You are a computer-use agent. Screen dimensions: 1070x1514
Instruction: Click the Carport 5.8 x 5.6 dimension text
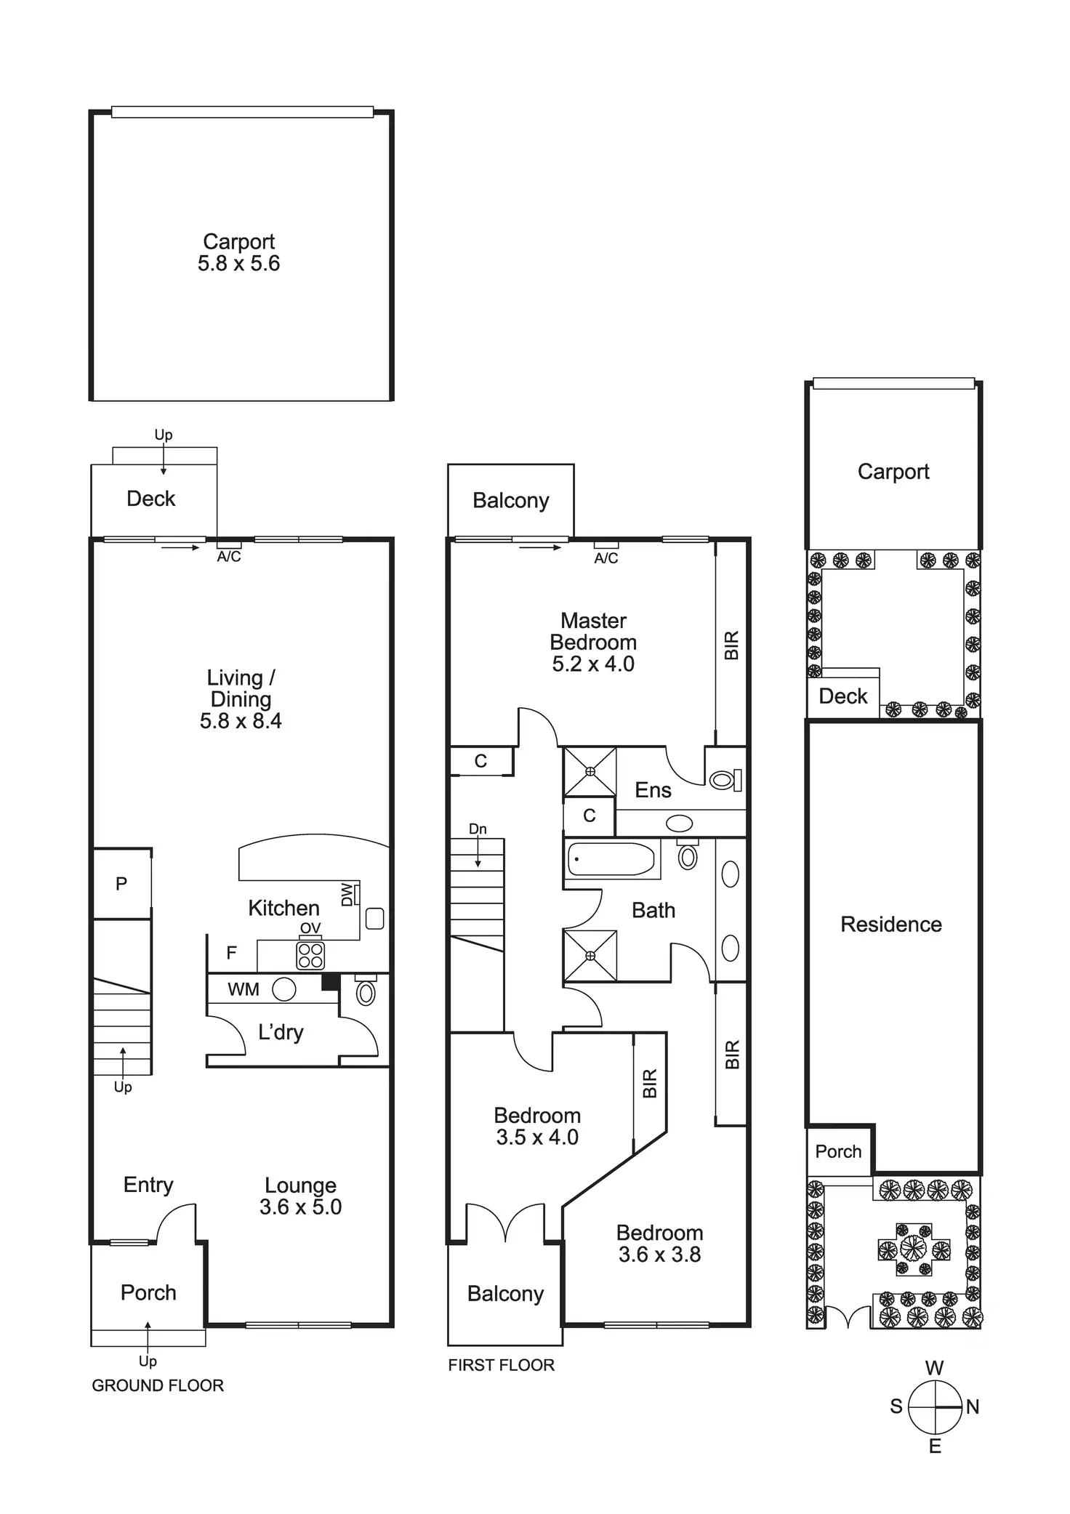(238, 263)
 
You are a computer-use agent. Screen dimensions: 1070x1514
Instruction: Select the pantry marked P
(121, 884)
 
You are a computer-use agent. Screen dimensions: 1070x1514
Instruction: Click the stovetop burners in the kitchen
(310, 955)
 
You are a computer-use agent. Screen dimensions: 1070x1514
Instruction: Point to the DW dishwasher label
(347, 894)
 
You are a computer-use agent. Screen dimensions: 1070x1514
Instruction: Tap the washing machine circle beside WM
(284, 989)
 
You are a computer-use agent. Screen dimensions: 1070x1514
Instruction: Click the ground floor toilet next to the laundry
(366, 992)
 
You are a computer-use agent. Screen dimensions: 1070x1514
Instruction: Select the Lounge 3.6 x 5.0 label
(300, 1196)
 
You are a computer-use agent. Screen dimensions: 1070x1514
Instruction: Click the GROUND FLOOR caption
(158, 1385)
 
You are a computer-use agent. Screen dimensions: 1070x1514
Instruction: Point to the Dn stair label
(478, 829)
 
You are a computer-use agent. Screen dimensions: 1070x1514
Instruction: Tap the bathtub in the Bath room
(611, 859)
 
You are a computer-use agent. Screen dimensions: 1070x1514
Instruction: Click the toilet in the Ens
(723, 780)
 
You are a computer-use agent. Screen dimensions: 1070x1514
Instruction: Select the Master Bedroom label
(593, 632)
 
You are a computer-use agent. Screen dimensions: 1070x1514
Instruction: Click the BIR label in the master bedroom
(731, 645)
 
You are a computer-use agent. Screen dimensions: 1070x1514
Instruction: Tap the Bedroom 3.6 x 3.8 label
(659, 1243)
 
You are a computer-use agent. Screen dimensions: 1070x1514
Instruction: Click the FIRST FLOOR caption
(501, 1365)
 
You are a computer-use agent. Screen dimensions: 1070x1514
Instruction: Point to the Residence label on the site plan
(891, 925)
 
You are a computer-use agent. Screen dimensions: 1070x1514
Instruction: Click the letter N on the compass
(973, 1407)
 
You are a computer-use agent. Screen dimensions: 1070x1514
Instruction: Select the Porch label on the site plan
(838, 1151)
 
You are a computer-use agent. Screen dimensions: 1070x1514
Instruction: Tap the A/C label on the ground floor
(229, 557)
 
